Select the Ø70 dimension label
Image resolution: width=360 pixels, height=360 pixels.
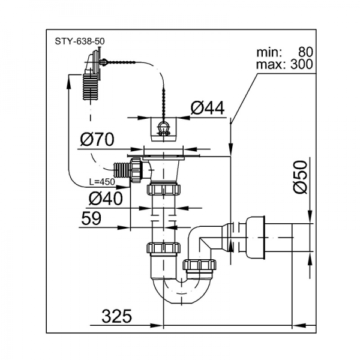tap(97, 140)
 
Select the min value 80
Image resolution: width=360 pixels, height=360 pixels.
tap(301, 52)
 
